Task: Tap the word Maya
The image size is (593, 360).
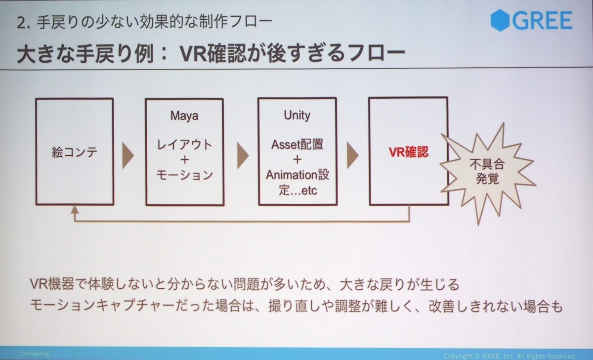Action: click(184, 116)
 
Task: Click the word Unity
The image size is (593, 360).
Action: click(297, 115)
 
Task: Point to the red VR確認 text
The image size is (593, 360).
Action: click(408, 152)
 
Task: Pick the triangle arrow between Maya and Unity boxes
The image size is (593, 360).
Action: click(242, 155)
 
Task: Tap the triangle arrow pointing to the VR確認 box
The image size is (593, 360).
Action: click(352, 154)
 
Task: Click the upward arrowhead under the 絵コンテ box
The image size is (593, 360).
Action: click(75, 211)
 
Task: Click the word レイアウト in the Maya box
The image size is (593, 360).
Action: click(184, 145)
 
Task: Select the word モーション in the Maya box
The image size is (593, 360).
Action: click(184, 175)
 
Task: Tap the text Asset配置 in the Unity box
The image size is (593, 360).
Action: click(297, 145)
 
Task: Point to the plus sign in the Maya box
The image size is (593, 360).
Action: click(184, 160)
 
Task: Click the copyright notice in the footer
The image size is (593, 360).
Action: click(509, 355)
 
